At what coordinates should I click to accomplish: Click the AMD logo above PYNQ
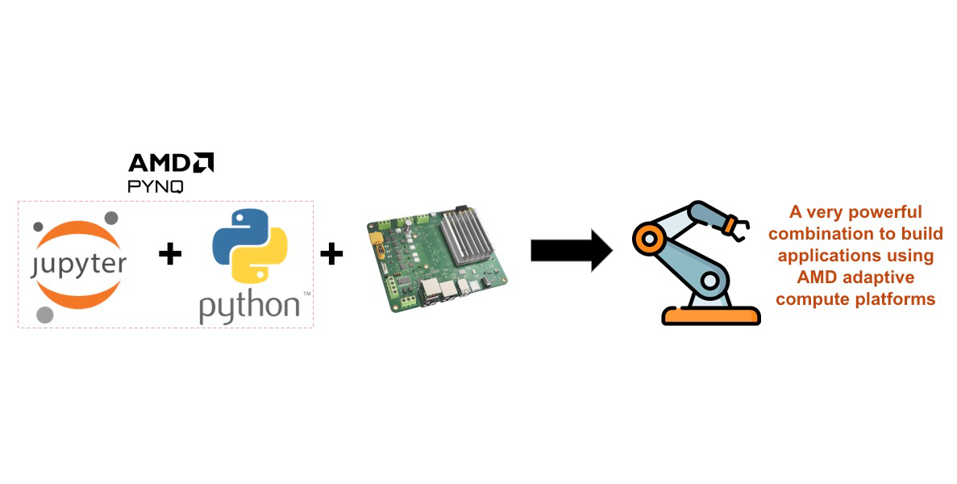point(171,163)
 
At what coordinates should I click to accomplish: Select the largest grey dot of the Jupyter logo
point(45,313)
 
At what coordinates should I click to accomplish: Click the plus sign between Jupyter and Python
point(170,255)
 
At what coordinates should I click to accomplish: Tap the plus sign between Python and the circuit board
point(331,255)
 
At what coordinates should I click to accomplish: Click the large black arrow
point(571,250)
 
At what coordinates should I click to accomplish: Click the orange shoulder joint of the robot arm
point(646,238)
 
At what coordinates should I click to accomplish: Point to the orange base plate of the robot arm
point(710,315)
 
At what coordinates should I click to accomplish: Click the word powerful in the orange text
point(885,213)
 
